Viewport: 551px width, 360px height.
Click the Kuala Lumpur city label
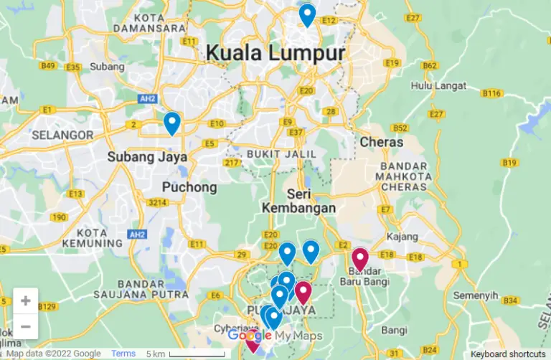[275, 53]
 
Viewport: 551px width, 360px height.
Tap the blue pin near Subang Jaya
[171, 123]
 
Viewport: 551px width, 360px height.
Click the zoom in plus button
[25, 300]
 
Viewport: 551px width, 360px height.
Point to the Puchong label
[189, 187]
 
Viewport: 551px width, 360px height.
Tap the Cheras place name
[382, 142]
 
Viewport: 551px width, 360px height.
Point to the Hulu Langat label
[439, 86]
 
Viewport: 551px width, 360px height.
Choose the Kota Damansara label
[154, 22]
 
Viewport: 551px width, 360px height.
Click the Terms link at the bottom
[123, 354]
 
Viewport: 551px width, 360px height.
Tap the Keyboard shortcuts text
[509, 354]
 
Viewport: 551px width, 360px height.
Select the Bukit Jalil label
[281, 154]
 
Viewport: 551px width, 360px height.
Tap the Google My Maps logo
[275, 336]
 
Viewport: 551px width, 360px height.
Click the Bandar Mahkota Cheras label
[401, 177]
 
